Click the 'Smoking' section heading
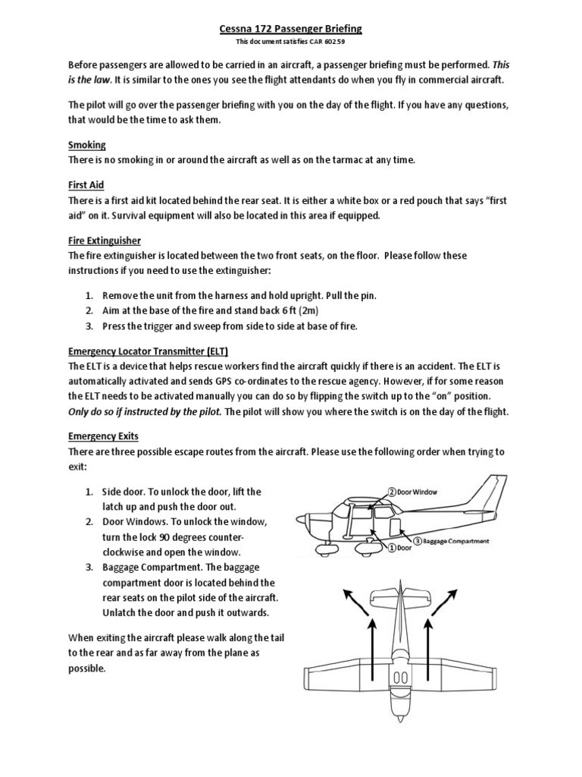tap(87, 144)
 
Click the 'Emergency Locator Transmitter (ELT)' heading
tap(149, 351)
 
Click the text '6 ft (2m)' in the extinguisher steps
tap(296, 311)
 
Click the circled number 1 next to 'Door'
tap(393, 546)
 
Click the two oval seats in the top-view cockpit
tap(402, 677)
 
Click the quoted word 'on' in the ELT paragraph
tap(461, 397)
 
